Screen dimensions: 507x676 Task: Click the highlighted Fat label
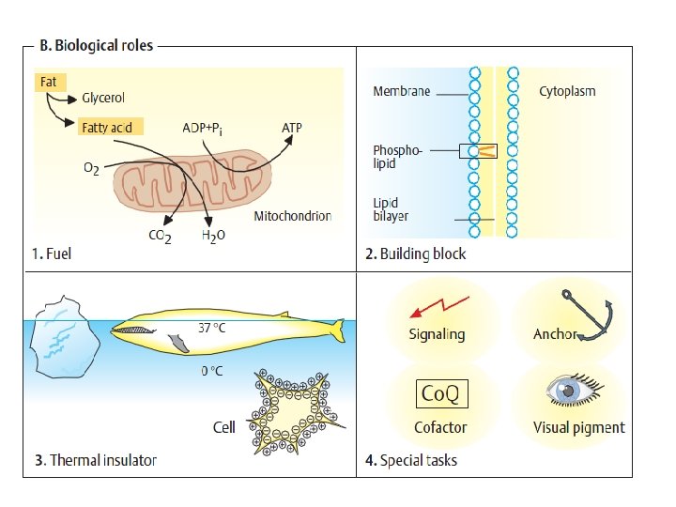click(x=47, y=83)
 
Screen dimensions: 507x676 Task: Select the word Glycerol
click(x=103, y=98)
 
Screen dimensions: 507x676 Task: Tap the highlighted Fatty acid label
click(x=110, y=127)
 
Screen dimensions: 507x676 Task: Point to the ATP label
click(x=293, y=127)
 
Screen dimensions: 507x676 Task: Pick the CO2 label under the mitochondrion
click(x=160, y=238)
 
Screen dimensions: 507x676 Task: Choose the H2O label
click(x=213, y=238)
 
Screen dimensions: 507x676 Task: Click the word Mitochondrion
click(x=293, y=217)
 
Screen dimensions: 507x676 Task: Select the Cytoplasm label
click(x=567, y=91)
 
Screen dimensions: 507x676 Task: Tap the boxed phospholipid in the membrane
click(x=478, y=150)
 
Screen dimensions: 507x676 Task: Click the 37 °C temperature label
click(x=212, y=328)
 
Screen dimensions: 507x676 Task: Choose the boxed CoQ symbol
click(x=439, y=393)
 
